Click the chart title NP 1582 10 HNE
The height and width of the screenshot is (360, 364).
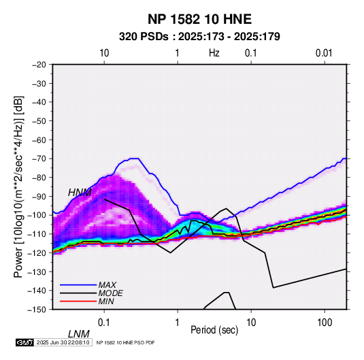pos(199,19)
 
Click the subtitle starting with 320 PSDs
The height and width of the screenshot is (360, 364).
pos(199,37)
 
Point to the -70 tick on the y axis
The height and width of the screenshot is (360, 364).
pos(39,159)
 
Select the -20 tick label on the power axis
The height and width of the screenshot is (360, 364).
pos(39,65)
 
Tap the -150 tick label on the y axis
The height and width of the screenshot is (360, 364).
pos(37,310)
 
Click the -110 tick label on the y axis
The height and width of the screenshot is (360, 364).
pos(37,234)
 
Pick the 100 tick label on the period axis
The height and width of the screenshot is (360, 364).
pos(325,323)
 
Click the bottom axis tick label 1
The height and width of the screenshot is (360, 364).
pos(178,323)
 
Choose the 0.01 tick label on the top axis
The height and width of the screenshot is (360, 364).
pos(324,53)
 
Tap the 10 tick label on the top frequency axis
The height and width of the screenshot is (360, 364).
pos(104,53)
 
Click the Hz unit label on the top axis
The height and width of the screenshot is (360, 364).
pos(214,53)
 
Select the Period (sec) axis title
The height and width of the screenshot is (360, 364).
pos(214,330)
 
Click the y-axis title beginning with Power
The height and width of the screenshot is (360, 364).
pos(18,186)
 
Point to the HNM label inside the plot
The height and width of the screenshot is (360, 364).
pos(80,193)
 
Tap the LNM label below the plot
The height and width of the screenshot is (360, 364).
pos(79,334)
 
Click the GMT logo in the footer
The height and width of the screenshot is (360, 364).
pos(24,342)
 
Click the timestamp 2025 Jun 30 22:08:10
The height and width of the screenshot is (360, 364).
pos(63,342)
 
